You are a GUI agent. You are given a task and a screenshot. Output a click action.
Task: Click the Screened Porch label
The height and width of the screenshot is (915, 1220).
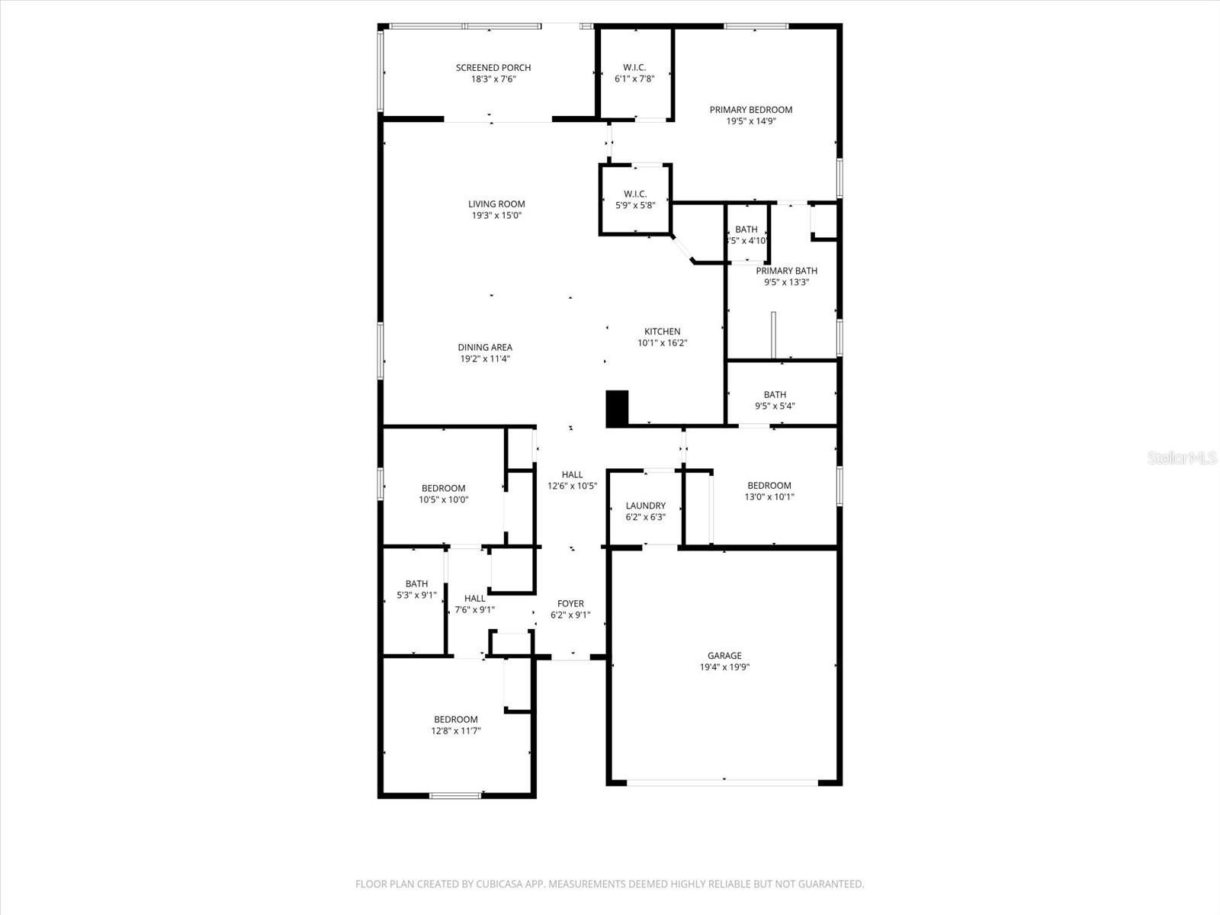coord(493,68)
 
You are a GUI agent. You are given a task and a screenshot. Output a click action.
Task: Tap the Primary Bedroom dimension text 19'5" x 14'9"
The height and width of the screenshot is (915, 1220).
coord(751,121)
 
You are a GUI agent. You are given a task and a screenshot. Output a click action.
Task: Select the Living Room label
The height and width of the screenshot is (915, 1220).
coord(496,204)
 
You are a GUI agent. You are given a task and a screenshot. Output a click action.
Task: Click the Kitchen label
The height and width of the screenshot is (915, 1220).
coord(662,331)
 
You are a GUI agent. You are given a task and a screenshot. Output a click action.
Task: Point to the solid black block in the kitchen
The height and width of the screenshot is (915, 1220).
coord(616,409)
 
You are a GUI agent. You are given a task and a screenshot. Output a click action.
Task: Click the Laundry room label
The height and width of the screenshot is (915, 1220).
coord(645,506)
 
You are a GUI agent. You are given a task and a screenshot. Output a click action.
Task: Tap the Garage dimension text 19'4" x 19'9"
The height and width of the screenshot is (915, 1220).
coord(724,667)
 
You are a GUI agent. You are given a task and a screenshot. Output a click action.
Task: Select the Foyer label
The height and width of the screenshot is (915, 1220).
coord(570,603)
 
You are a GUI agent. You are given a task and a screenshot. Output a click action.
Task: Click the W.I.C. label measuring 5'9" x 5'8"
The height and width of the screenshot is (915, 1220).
coord(635,194)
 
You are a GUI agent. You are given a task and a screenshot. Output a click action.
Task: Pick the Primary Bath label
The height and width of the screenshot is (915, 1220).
coord(786,271)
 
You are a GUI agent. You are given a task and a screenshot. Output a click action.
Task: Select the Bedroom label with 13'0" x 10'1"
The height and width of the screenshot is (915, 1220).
coord(769,485)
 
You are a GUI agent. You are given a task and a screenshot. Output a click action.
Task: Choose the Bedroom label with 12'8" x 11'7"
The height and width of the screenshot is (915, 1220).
coord(456,719)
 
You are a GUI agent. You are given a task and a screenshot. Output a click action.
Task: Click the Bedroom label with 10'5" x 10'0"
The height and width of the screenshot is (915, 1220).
coord(443,488)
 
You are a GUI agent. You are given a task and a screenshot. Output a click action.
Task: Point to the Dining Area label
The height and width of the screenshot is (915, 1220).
coord(485,347)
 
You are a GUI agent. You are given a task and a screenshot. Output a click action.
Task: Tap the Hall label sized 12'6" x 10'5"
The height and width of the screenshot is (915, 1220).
coord(572,474)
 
